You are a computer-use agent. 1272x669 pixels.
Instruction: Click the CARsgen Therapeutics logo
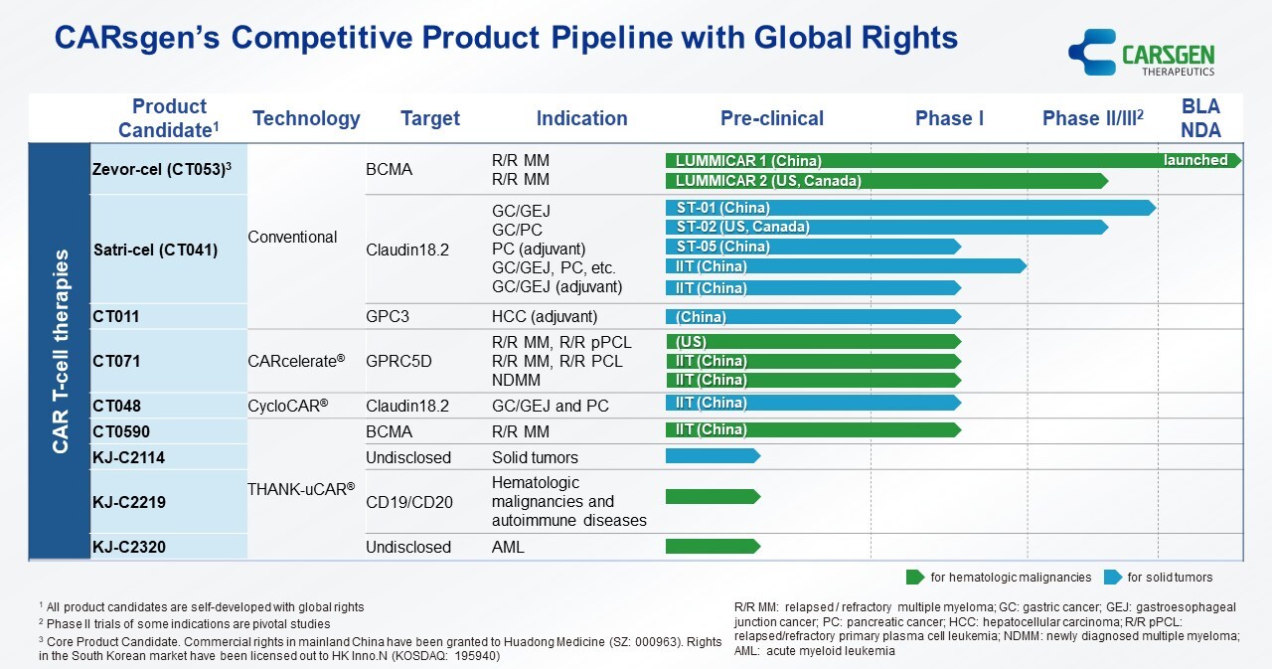point(1142,52)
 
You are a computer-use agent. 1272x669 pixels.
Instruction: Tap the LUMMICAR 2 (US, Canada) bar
point(884,181)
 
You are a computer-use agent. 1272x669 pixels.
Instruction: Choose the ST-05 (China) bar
point(811,247)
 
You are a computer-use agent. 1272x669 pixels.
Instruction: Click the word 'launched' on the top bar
point(1195,160)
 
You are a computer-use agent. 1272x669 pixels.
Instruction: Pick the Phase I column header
point(949,118)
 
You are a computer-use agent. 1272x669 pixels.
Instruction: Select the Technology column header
point(306,118)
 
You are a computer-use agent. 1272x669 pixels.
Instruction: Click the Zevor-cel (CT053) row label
point(162,169)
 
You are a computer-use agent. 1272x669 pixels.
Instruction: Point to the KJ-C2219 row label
point(128,502)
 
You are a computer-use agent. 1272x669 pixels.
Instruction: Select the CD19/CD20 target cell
point(408,502)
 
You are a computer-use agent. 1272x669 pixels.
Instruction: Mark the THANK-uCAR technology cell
point(301,488)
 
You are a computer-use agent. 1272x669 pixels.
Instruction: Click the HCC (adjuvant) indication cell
point(545,317)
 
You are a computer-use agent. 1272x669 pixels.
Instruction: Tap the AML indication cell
point(508,547)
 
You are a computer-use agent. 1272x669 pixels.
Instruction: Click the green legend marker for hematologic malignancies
point(914,578)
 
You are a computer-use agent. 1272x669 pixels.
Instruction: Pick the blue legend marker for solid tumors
point(1110,578)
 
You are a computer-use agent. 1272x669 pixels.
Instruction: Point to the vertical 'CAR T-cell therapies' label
point(60,351)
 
